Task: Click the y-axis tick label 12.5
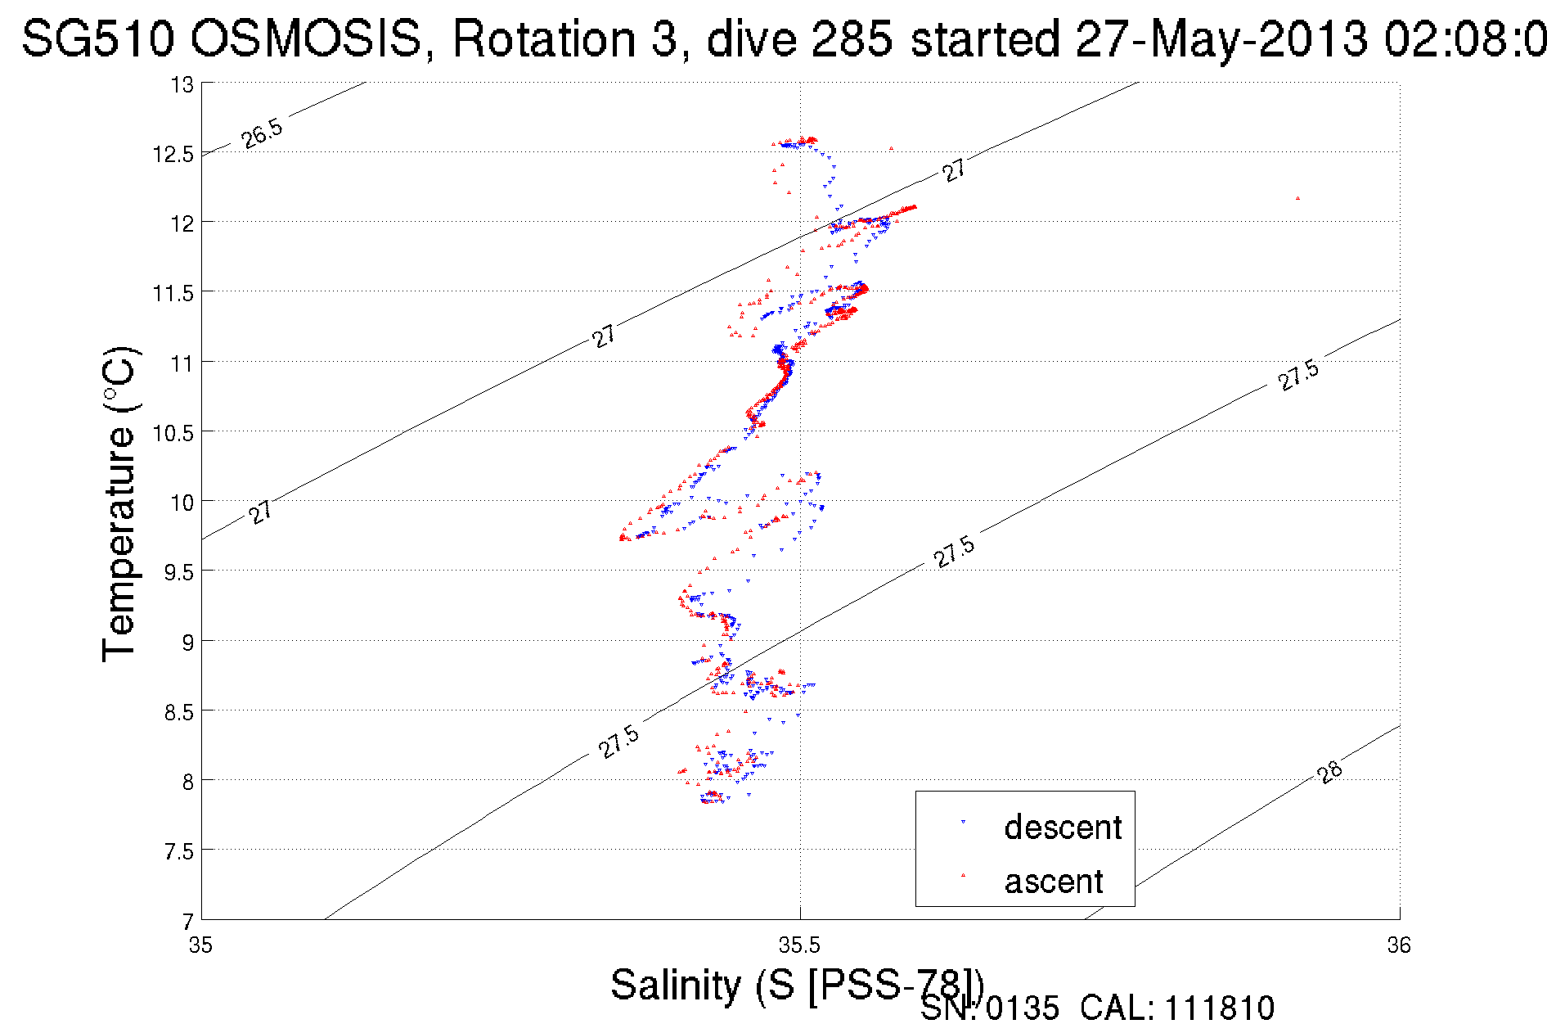[173, 154]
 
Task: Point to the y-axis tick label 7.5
[178, 852]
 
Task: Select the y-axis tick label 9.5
[178, 572]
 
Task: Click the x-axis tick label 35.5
[799, 945]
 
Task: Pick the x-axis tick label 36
[1399, 945]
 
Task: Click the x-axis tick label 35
[200, 945]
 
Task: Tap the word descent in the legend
[1062, 828]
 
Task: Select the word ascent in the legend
[1054, 882]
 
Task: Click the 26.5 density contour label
[263, 133]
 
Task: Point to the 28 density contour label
[1330, 771]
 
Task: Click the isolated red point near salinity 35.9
[1297, 198]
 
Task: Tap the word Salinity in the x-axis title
[676, 984]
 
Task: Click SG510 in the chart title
[98, 38]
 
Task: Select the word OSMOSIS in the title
[308, 38]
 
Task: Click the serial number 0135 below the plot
[1022, 1008]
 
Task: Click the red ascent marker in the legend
[963, 875]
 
